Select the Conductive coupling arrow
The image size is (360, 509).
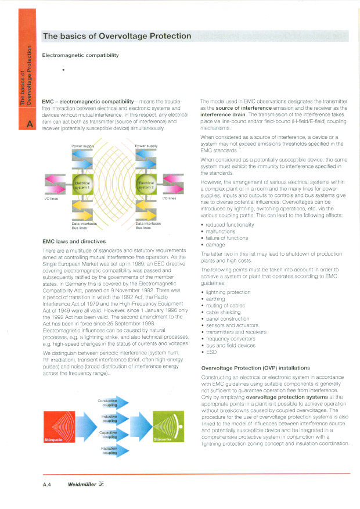(116, 403)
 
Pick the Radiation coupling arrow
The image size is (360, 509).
(116, 450)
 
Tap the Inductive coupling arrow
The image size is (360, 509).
(116, 418)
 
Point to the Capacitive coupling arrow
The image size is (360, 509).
(116, 435)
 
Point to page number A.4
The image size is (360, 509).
(48, 483)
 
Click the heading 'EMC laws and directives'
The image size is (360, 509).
(73, 241)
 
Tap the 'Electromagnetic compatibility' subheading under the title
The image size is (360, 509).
(81, 55)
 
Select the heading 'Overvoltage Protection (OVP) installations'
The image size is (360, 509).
(255, 368)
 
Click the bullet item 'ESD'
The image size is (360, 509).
(211, 352)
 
